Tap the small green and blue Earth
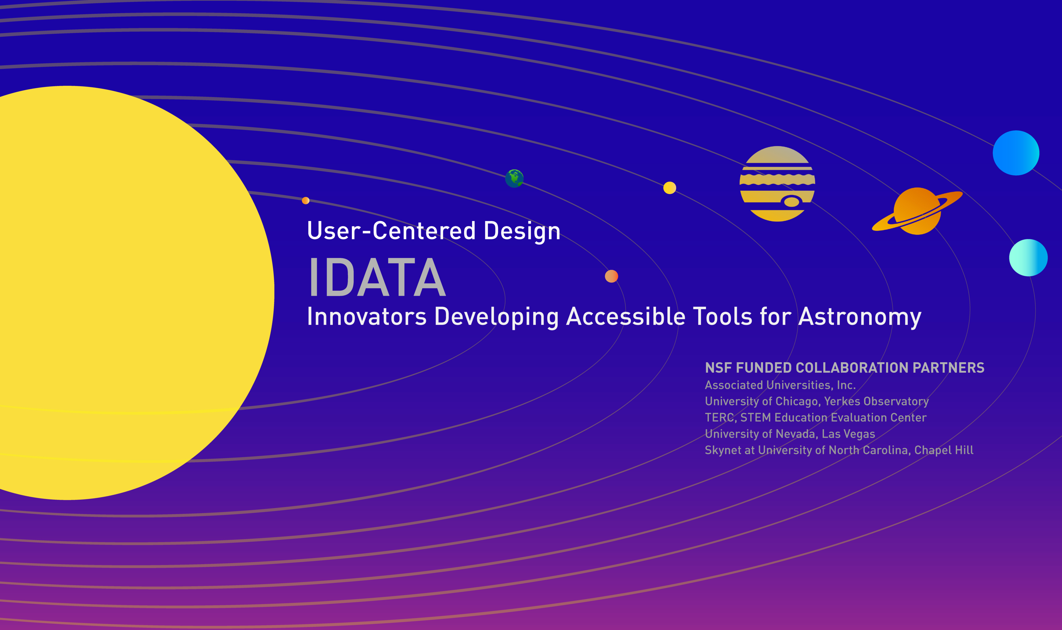tap(514, 178)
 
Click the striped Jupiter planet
tap(777, 184)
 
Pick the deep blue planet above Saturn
tap(1016, 153)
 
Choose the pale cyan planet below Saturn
tap(1028, 258)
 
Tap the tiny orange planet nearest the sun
tap(306, 200)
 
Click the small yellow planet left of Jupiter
tap(669, 188)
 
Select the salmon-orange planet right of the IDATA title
tap(611, 276)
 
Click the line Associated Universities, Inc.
tap(780, 385)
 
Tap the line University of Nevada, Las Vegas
tap(790, 434)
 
